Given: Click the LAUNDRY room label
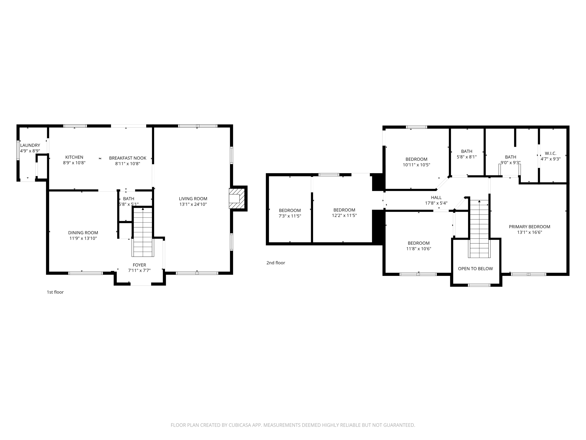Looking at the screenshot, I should pyautogui.click(x=30, y=145).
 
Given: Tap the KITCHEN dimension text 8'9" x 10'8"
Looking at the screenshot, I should pyautogui.click(x=74, y=163).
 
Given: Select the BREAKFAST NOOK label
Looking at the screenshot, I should pyautogui.click(x=128, y=158).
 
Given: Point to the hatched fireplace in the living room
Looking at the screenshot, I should pyautogui.click(x=236, y=198).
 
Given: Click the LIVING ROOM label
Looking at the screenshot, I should pyautogui.click(x=193, y=199).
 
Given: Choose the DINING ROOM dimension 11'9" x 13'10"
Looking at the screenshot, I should pyautogui.click(x=83, y=239).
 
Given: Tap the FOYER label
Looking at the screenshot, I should pyautogui.click(x=139, y=265).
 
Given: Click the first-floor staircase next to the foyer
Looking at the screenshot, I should pyautogui.click(x=143, y=232).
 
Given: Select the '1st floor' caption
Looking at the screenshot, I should pyautogui.click(x=55, y=292).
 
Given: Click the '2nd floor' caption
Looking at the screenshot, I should pyautogui.click(x=275, y=263).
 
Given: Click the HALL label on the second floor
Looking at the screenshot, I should pyautogui.click(x=436, y=198).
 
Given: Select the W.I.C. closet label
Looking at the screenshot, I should pyautogui.click(x=551, y=154).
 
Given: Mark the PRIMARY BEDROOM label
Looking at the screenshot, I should pyautogui.click(x=529, y=227).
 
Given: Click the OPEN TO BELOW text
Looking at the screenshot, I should pyautogui.click(x=475, y=269).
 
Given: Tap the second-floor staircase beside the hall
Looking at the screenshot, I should pyautogui.click(x=479, y=228).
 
